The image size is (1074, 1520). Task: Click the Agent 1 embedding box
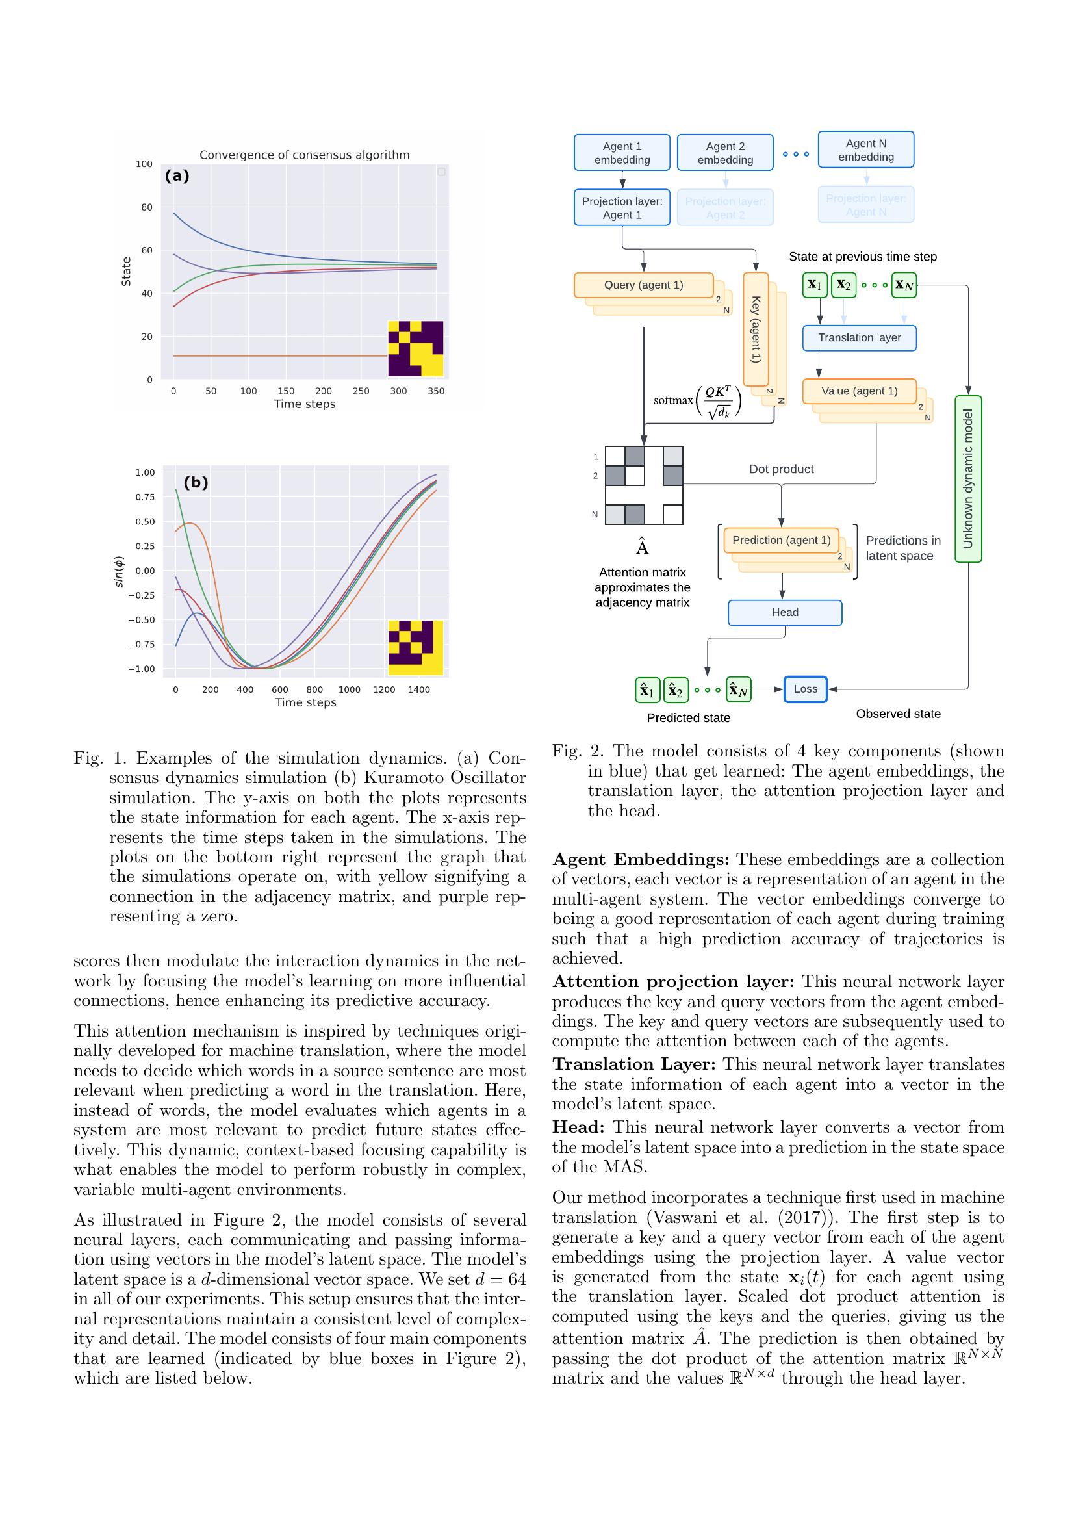tap(621, 153)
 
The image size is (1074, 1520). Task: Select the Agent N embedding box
tap(865, 149)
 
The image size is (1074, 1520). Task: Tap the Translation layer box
tap(859, 338)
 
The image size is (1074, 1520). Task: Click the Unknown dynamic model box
tap(968, 479)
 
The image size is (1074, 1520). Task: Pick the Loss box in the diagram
tap(805, 689)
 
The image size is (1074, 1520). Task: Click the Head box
tap(785, 612)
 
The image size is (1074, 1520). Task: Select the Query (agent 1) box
tap(643, 285)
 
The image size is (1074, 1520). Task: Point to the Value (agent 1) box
tap(859, 391)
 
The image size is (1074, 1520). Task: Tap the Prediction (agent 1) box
tap(781, 540)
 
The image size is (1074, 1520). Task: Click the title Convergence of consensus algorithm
tap(305, 155)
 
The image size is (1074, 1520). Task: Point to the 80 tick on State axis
tap(146, 207)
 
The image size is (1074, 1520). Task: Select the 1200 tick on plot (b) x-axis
tap(384, 690)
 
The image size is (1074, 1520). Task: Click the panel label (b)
tap(195, 483)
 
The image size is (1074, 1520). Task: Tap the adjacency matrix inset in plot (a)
tap(415, 349)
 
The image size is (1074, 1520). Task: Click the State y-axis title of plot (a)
tap(127, 272)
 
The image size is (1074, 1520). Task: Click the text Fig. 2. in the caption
tap(576, 751)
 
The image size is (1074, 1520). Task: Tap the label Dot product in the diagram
tap(781, 469)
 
